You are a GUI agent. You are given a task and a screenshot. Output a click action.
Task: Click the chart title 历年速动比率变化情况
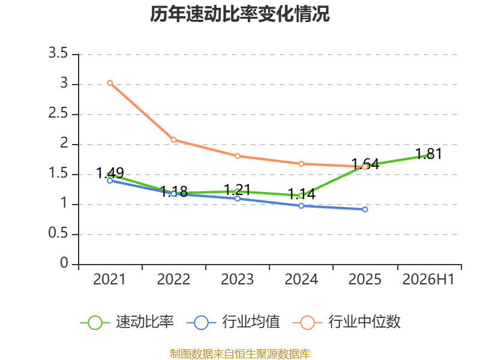click(x=239, y=14)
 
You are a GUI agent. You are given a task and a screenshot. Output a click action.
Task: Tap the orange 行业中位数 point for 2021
click(x=110, y=83)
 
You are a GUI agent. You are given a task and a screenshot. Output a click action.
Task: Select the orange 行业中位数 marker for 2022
click(x=173, y=140)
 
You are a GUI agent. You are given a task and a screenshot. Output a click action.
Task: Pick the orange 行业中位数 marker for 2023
click(x=238, y=156)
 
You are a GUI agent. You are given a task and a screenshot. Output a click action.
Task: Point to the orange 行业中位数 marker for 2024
click(x=301, y=164)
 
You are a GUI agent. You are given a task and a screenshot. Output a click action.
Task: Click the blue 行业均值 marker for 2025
click(x=365, y=209)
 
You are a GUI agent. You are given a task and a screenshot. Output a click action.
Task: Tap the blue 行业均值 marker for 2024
click(x=301, y=206)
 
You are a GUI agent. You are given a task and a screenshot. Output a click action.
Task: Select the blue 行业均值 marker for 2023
click(x=238, y=199)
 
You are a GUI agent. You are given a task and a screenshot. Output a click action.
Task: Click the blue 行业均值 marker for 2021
click(x=110, y=181)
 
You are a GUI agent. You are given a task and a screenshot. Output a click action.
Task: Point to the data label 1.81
click(x=428, y=154)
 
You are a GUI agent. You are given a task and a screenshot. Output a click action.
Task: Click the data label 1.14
click(x=302, y=194)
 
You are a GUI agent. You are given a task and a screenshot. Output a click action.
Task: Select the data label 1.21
click(x=238, y=190)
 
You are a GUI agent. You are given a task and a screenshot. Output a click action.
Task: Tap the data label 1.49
click(x=110, y=173)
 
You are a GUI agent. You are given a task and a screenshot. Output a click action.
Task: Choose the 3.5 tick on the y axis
click(x=58, y=53)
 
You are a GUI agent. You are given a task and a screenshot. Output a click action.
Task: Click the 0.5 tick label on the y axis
click(x=58, y=233)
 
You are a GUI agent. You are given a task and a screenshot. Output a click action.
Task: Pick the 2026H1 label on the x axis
click(x=428, y=280)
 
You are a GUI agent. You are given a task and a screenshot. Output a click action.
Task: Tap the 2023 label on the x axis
click(x=238, y=280)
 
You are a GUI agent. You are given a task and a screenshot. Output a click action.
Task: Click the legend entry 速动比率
click(x=127, y=322)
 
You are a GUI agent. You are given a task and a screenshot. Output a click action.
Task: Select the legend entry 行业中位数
click(x=347, y=322)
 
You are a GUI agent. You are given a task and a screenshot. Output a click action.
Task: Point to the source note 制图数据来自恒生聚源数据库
click(x=240, y=354)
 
